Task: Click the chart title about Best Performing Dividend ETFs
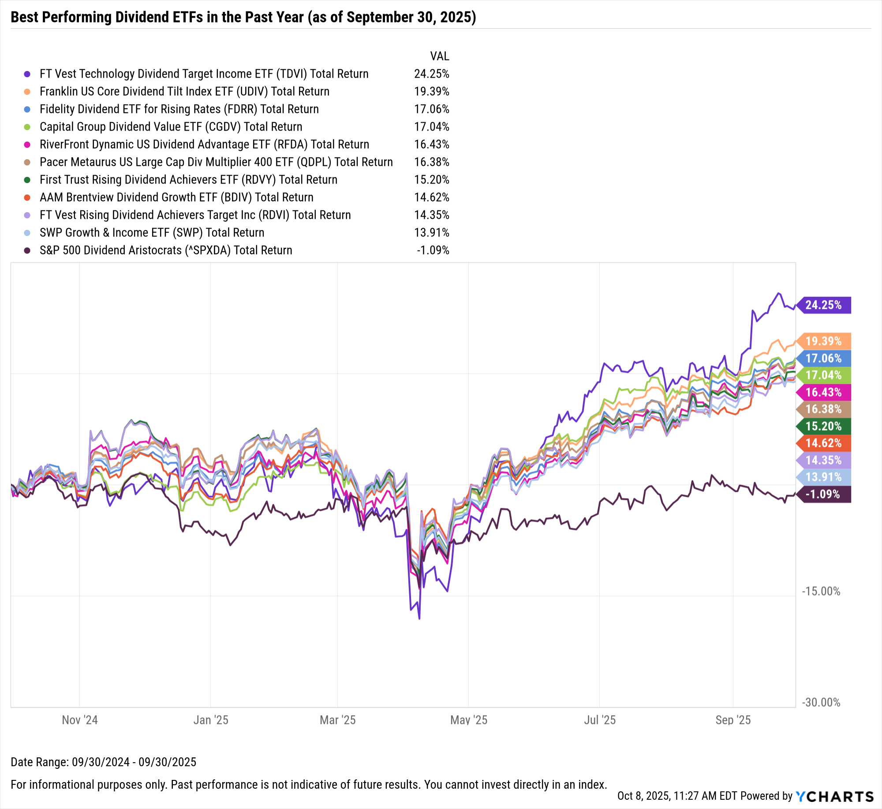point(243,17)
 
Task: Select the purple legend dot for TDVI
point(27,74)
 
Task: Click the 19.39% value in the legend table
point(431,91)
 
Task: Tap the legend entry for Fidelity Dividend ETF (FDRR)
point(179,109)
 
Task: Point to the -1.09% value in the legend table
point(433,250)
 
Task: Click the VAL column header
point(439,56)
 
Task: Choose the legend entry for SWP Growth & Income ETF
point(152,232)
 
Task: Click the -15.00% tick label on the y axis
point(821,591)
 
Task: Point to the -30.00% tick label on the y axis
point(821,702)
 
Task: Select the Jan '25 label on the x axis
point(211,720)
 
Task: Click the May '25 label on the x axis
point(469,720)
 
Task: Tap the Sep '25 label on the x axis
point(733,720)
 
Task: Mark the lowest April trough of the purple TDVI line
point(419,618)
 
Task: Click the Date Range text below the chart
point(103,762)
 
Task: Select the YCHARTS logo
point(834,796)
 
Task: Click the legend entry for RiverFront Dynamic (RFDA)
point(204,144)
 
